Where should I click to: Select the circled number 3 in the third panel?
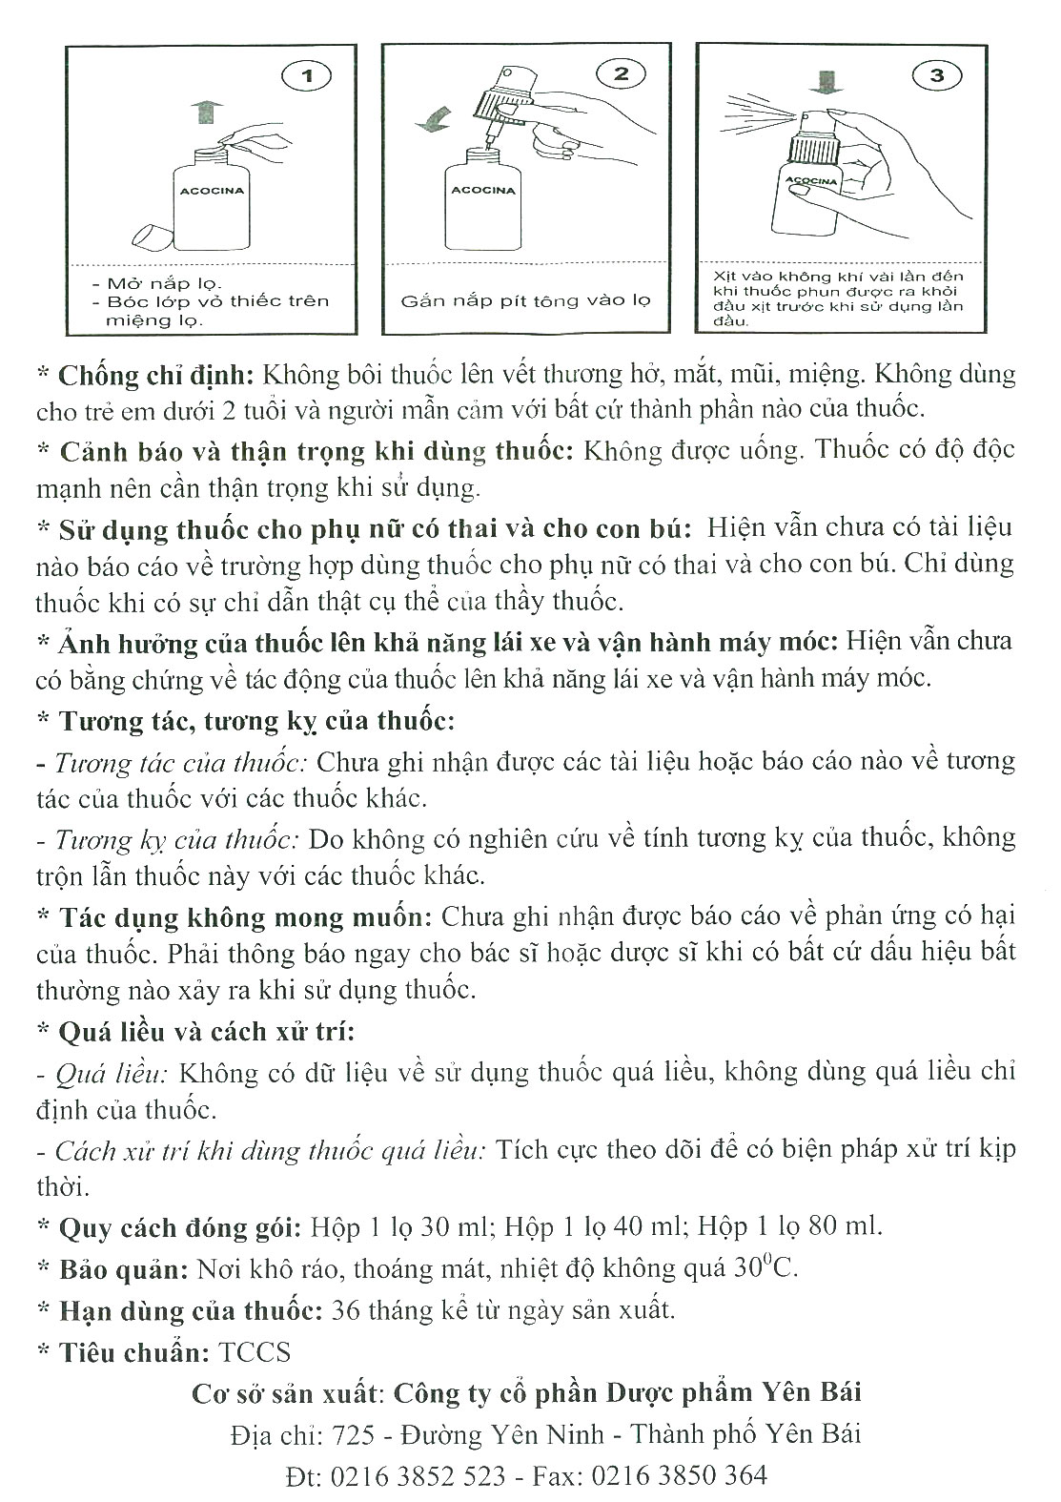point(936,74)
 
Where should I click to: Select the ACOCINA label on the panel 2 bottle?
point(483,190)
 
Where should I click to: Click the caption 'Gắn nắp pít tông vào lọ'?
point(525,300)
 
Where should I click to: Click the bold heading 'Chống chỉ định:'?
point(156,373)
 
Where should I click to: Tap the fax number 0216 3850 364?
point(679,1475)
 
